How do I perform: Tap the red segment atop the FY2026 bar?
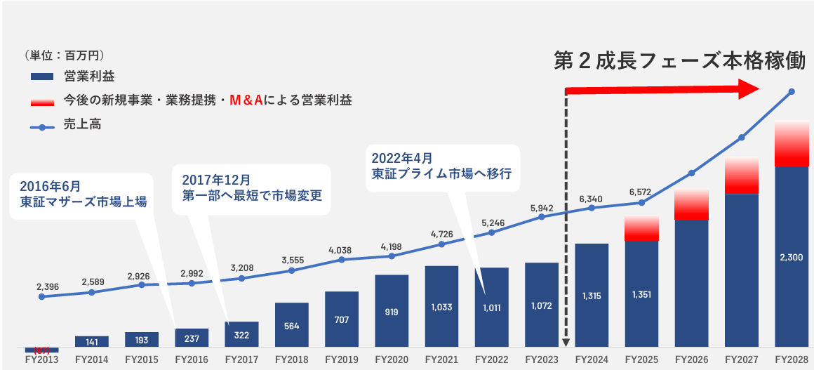692,204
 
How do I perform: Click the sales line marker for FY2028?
792,92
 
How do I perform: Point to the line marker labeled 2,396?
41,297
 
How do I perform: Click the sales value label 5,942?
542,208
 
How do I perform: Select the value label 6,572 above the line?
641,192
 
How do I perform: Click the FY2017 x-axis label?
242,360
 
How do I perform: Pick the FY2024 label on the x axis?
592,360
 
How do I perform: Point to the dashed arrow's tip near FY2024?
566,344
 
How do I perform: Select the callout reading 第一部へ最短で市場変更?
252,196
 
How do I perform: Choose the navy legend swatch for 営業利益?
43,77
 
